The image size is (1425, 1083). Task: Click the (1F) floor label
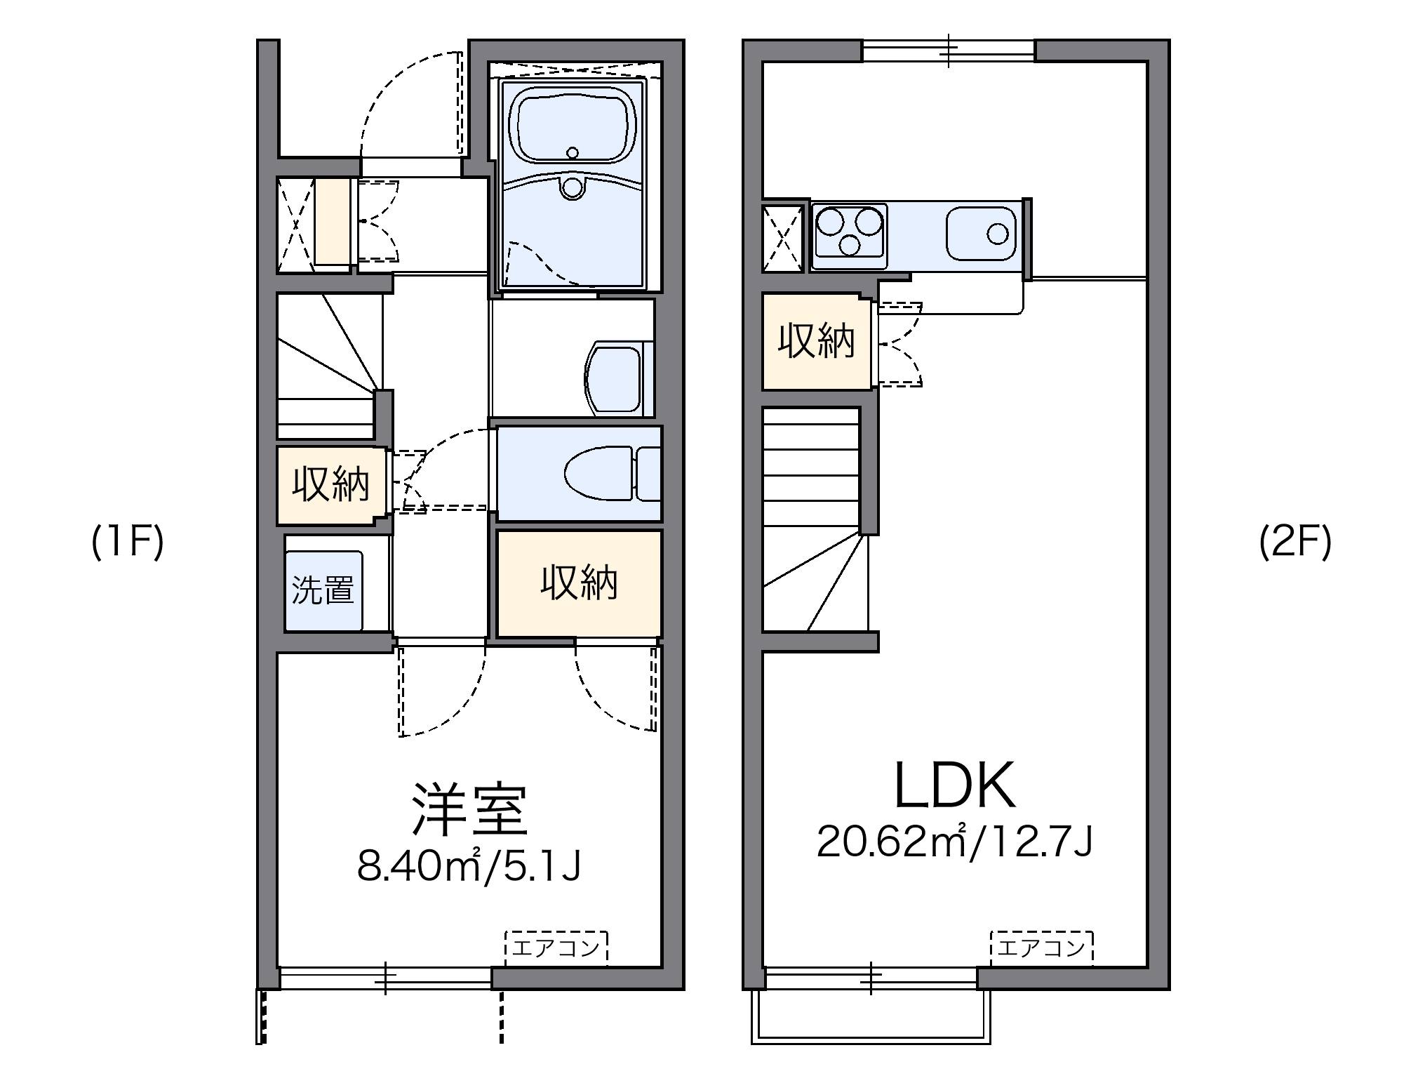click(x=128, y=543)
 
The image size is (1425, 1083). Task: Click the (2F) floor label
click(x=1295, y=543)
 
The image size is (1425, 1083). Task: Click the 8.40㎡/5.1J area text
click(x=469, y=865)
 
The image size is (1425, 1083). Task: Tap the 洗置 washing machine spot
click(x=323, y=590)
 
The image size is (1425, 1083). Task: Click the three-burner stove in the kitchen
click(x=850, y=230)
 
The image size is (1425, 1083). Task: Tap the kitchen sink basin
click(x=980, y=233)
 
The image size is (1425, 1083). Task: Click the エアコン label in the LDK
click(x=1041, y=949)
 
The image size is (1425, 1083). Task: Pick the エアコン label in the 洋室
click(x=556, y=948)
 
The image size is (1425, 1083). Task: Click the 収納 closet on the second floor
click(x=817, y=341)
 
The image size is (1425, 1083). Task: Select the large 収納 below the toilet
click(x=579, y=583)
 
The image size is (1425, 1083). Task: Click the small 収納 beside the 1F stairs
click(x=330, y=484)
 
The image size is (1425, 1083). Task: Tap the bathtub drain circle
click(x=573, y=153)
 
